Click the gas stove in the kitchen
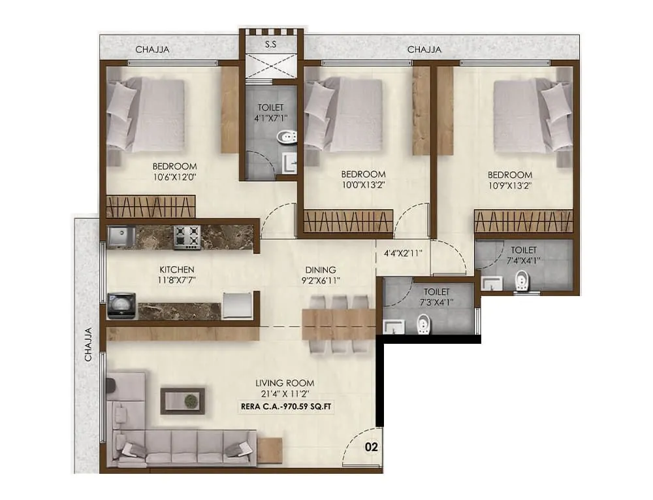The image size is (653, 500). point(187,237)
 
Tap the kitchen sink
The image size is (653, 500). point(121,237)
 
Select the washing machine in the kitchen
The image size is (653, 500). point(121,306)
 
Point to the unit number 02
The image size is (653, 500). point(371,448)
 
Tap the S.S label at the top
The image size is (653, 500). point(270,45)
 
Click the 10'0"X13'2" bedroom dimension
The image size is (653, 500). point(363,185)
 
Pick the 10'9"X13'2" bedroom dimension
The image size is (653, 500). point(509,185)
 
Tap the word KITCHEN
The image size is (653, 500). point(177,269)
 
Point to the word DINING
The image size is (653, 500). point(320,269)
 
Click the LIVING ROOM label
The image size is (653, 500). point(286,383)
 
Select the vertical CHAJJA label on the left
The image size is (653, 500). point(87,345)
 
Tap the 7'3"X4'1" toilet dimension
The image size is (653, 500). point(437,302)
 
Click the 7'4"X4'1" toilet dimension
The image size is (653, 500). point(524,260)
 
